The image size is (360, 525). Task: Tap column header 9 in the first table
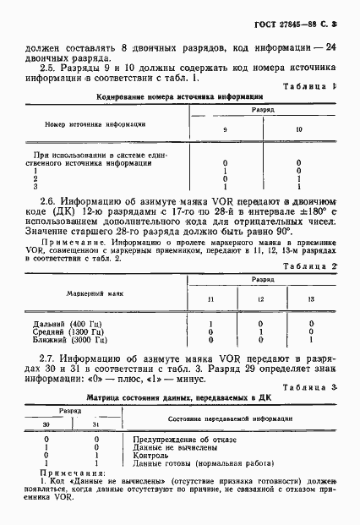pyautogui.click(x=225, y=129)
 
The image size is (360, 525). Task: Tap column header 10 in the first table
pyautogui.click(x=298, y=129)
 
